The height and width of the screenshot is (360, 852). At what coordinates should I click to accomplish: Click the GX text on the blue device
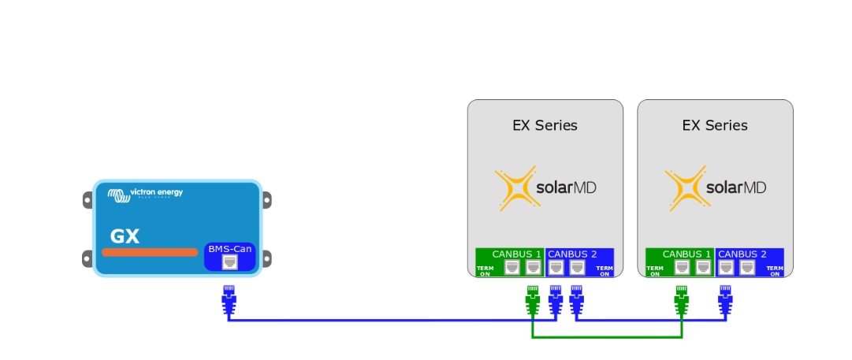pyautogui.click(x=125, y=236)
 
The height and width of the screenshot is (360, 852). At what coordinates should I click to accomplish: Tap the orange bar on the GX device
pyautogui.click(x=150, y=252)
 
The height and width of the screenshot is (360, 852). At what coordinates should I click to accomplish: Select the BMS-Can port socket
pyautogui.click(x=229, y=262)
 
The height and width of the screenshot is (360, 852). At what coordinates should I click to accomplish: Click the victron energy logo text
pyautogui.click(x=156, y=192)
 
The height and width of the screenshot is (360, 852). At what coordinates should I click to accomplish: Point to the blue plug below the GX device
pyautogui.click(x=229, y=299)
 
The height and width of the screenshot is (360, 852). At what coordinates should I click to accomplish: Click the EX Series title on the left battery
pyautogui.click(x=545, y=125)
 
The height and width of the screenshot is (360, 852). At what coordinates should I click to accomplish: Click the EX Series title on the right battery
pyautogui.click(x=715, y=125)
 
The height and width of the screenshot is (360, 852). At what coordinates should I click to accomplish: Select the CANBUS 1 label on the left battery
pyautogui.click(x=516, y=254)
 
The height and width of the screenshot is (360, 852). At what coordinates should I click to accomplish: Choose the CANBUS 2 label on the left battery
pyautogui.click(x=572, y=254)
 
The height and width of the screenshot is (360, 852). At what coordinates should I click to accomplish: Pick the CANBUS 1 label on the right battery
pyautogui.click(x=686, y=254)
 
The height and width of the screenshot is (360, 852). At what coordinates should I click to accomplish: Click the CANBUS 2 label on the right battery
pyautogui.click(x=742, y=254)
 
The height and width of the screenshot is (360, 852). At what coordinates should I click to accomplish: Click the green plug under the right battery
pyautogui.click(x=682, y=299)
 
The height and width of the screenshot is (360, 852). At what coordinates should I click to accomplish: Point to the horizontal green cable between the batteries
pyautogui.click(x=607, y=337)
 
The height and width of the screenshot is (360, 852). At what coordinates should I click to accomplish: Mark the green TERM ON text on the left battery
pyautogui.click(x=485, y=271)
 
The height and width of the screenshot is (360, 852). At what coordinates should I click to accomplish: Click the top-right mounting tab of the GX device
pyautogui.click(x=267, y=200)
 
